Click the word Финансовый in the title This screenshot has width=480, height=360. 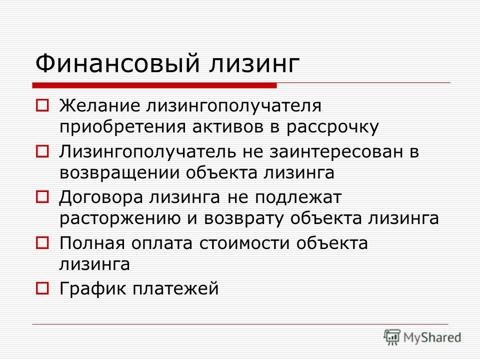pos(118,63)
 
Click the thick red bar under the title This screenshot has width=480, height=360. pos(154,85)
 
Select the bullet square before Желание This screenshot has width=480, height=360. pos(42,105)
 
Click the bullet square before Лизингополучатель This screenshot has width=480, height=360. pos(42,151)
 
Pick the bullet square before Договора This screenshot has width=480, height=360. pos(42,197)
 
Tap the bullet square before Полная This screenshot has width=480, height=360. pos(42,243)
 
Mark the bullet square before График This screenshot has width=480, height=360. pos(42,288)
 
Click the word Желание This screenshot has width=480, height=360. pos(100,106)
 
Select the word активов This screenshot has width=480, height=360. pos(228,127)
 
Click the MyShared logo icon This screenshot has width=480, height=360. pos(392,337)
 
